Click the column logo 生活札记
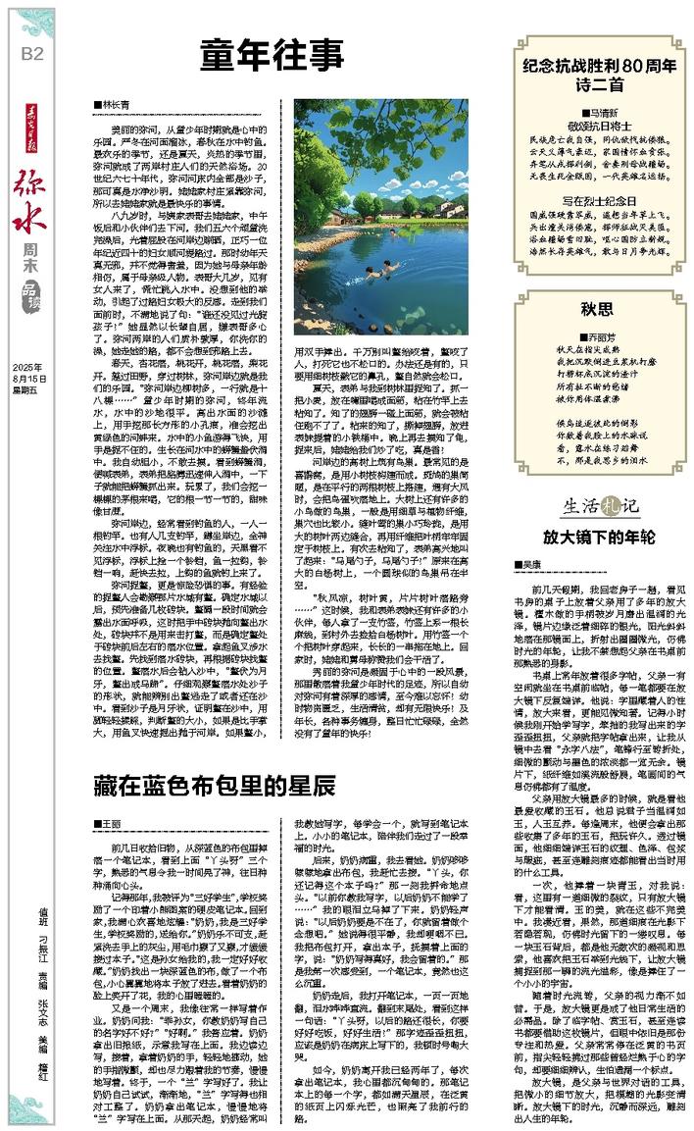(600, 506)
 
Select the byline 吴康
(558, 565)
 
